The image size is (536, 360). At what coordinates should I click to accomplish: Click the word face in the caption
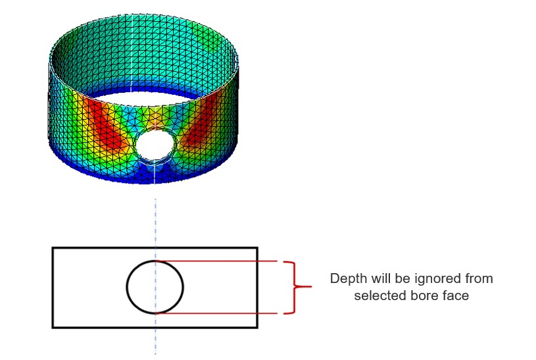(455, 296)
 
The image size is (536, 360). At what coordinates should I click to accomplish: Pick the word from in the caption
(479, 279)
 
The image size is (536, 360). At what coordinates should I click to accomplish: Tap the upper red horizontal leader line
(216, 261)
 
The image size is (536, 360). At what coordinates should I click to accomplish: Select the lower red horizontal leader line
(216, 313)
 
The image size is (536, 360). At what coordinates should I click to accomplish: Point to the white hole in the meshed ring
(155, 144)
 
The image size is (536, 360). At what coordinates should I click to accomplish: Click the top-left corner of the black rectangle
(53, 247)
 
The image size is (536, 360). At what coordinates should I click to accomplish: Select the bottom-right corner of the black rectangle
(257, 328)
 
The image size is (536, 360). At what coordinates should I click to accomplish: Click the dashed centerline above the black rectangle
(155, 222)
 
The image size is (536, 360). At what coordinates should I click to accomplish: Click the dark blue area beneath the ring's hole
(151, 173)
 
